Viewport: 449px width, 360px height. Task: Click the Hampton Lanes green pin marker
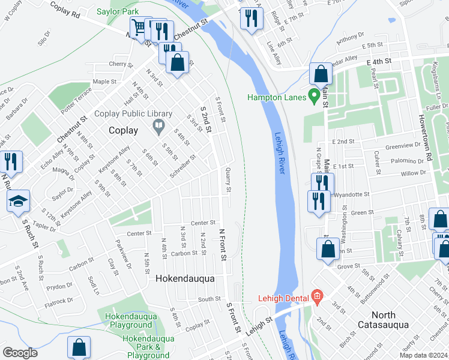(x=313, y=95)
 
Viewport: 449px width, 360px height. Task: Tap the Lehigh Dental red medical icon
(x=318, y=297)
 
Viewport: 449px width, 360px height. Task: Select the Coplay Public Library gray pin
(x=158, y=126)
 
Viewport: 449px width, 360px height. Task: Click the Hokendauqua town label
(x=185, y=279)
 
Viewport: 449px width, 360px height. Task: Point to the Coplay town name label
(x=124, y=130)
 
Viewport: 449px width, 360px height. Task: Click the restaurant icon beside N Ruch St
(x=11, y=161)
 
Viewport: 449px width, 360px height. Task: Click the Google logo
(x=20, y=352)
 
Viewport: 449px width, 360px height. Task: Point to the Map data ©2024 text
(x=423, y=355)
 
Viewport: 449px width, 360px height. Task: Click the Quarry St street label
(x=228, y=179)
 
